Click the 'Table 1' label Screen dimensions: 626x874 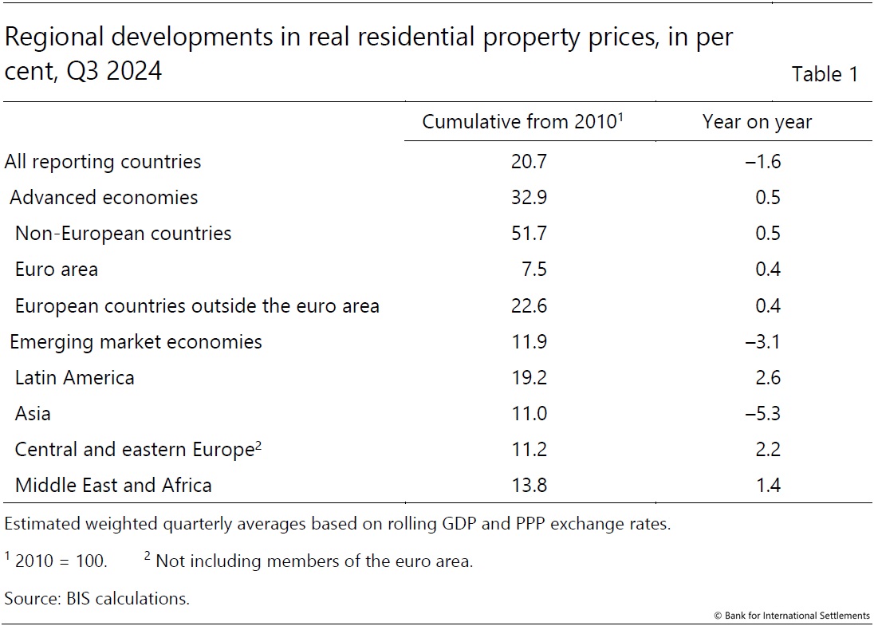[825, 74]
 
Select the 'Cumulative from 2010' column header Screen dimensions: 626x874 [521, 122]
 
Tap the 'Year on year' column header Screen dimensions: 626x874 [757, 122]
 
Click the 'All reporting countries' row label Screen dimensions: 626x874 [103, 162]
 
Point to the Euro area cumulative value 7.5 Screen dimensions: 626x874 [535, 270]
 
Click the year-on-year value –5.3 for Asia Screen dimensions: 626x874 [763, 413]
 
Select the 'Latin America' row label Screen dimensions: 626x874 [75, 377]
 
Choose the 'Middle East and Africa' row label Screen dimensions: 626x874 [113, 485]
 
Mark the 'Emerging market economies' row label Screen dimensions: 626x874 [136, 342]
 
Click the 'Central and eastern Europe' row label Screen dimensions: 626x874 [134, 450]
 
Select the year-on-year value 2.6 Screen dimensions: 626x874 [768, 377]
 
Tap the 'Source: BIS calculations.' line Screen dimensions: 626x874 [97, 598]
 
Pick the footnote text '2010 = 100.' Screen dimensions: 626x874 [61, 561]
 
